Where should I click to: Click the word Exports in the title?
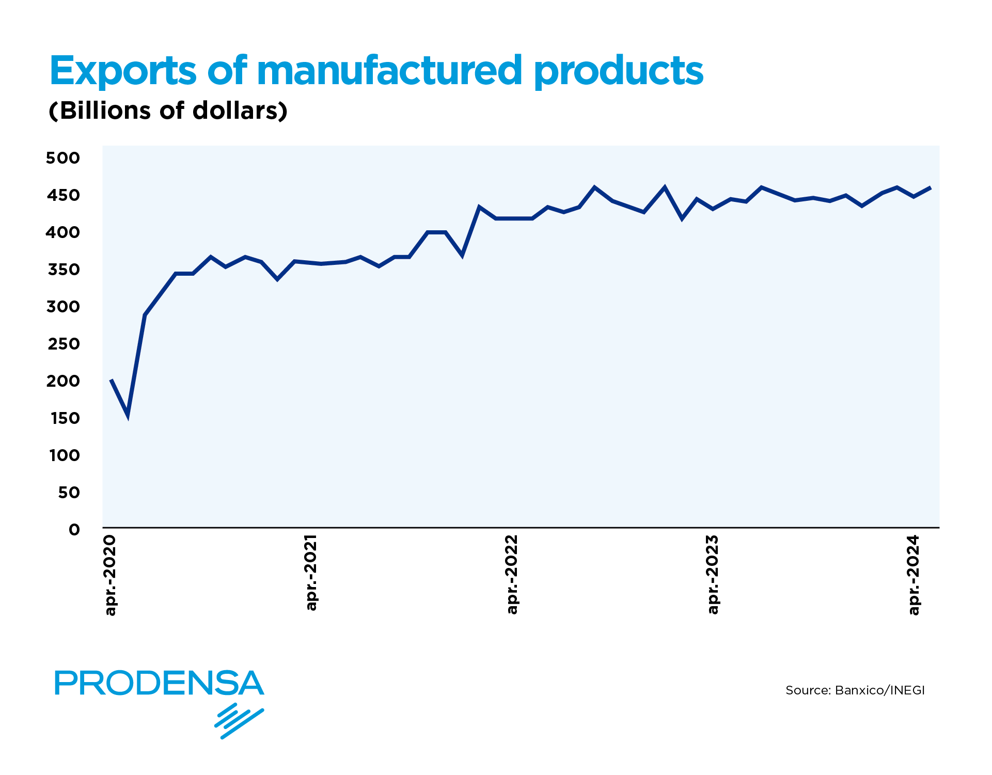pyautogui.click(x=123, y=71)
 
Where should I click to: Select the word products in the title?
pyautogui.click(x=618, y=71)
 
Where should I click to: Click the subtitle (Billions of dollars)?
pyautogui.click(x=168, y=110)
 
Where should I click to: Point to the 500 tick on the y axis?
pyautogui.click(x=63, y=158)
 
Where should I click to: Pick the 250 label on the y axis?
pyautogui.click(x=64, y=344)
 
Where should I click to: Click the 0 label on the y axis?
pyautogui.click(x=74, y=530)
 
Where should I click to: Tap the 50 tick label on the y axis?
pyautogui.click(x=69, y=493)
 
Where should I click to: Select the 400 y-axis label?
pyautogui.click(x=63, y=232)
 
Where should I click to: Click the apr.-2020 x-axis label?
pyautogui.click(x=111, y=575)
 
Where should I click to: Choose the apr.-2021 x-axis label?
pyautogui.click(x=311, y=573)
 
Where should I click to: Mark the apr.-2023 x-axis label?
pyautogui.click(x=713, y=575)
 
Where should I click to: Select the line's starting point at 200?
pyautogui.click(x=111, y=380)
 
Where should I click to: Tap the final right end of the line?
pyautogui.click(x=930, y=187)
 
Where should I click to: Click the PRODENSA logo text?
pyautogui.click(x=159, y=683)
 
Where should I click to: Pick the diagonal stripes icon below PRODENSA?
pyautogui.click(x=239, y=721)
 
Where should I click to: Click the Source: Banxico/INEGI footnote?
pyautogui.click(x=855, y=690)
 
